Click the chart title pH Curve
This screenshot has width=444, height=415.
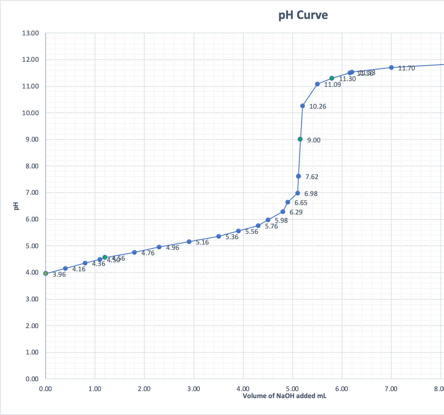(x=303, y=15)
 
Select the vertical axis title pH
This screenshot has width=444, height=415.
(x=16, y=206)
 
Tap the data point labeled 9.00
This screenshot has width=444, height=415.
(x=300, y=139)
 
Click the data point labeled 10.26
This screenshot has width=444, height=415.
(x=303, y=106)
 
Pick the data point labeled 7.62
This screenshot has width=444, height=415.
(x=298, y=176)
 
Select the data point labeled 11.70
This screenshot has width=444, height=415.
(x=391, y=68)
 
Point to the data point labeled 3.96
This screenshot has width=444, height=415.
(x=46, y=273)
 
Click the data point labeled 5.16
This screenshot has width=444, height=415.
(x=189, y=242)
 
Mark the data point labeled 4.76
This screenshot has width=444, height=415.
(x=134, y=252)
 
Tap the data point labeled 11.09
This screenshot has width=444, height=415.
(x=317, y=84)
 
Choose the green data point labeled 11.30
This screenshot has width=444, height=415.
(x=332, y=78)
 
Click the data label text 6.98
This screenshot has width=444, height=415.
(x=311, y=194)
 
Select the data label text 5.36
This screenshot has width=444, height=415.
(x=232, y=237)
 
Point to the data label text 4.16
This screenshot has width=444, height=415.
(x=79, y=269)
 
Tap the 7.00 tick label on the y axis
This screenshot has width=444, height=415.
(x=31, y=193)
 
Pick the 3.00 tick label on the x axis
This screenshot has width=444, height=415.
(x=194, y=388)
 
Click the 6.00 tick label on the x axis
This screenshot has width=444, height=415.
(x=342, y=388)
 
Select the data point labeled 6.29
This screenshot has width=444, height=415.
(x=283, y=212)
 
